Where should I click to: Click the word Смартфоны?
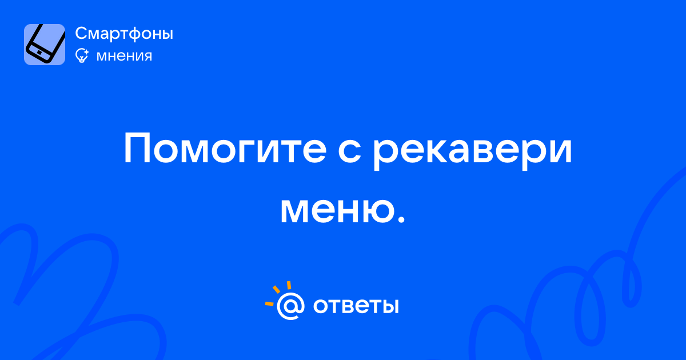tap(124, 34)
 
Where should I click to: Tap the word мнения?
tap(124, 56)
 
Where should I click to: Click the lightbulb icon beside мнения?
tap(82, 55)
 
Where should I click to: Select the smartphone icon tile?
tap(45, 45)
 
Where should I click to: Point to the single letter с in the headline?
tap(349, 151)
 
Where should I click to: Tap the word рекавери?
tap(472, 152)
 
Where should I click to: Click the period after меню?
tap(401, 219)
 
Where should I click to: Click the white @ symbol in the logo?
tap(290, 306)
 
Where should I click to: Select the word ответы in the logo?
tap(356, 306)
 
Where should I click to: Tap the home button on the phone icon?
tap(39, 53)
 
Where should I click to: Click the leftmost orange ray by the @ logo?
tap(269, 303)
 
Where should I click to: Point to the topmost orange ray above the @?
tap(289, 285)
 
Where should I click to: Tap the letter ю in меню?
tap(374, 211)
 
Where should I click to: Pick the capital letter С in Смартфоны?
tap(82, 33)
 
